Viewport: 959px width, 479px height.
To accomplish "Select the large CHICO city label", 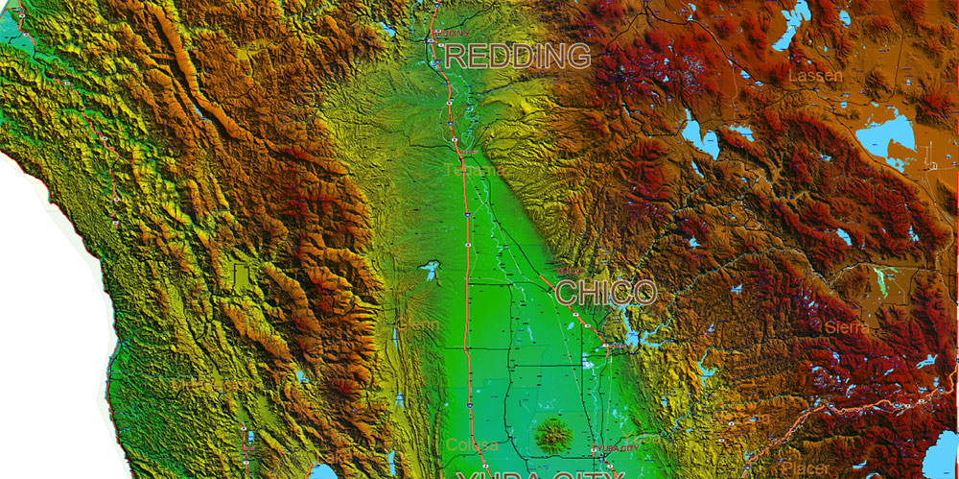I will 605,292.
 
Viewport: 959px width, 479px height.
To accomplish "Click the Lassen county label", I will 815,75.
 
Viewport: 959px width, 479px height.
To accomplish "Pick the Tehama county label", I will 472,171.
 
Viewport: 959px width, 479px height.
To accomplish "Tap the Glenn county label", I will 419,325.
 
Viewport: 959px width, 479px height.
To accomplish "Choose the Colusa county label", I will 472,445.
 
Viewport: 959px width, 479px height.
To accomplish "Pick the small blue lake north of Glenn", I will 429,270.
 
